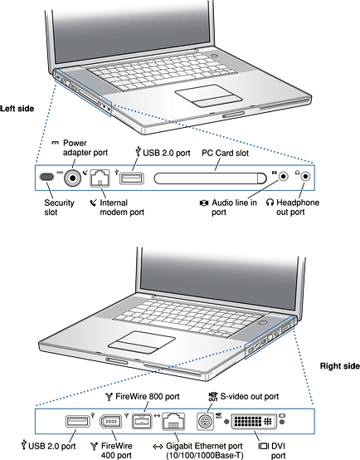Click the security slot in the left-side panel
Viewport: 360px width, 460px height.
coord(46,177)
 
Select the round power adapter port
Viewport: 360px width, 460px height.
coord(72,178)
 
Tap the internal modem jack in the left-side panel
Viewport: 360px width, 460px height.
coord(100,178)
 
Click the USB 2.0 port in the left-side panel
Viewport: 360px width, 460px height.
coord(132,178)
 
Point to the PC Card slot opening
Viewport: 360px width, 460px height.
coord(210,178)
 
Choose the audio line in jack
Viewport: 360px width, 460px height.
coord(284,176)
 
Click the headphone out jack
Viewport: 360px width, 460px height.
coord(306,176)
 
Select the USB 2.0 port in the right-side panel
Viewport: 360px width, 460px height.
coord(77,421)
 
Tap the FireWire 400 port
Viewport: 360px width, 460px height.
coord(111,422)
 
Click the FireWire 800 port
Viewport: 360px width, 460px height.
coord(142,422)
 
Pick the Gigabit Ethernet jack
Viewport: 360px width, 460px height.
coord(173,421)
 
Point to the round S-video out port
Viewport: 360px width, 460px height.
coord(205,422)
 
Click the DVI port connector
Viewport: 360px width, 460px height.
coord(254,422)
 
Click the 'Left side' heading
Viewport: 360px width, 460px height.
coord(17,109)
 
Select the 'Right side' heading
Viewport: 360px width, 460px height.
coord(340,366)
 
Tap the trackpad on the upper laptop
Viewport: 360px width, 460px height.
coord(208,95)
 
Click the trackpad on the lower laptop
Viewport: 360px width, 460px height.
coord(142,342)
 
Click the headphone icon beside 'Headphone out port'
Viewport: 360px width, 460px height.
coord(270,203)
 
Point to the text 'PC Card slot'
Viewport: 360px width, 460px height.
coord(225,153)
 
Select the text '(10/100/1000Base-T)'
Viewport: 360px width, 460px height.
coord(205,455)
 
